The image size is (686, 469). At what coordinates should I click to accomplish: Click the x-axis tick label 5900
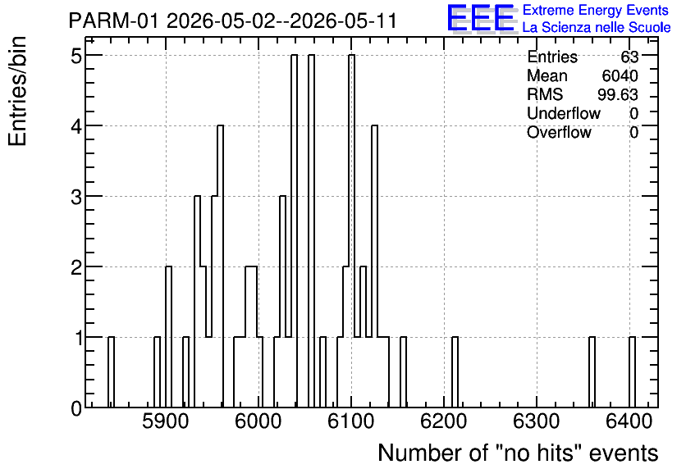[166, 421]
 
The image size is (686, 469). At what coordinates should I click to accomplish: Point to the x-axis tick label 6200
[444, 421]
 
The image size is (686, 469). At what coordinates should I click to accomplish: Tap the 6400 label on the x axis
[629, 421]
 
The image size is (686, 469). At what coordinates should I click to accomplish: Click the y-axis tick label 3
[77, 196]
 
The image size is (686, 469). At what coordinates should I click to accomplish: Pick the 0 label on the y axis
[77, 408]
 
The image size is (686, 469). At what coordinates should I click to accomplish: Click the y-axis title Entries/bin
[18, 91]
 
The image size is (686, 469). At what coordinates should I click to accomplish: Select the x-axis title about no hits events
[518, 453]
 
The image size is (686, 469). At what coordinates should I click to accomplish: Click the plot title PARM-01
[113, 21]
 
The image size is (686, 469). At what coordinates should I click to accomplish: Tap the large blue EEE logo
[481, 18]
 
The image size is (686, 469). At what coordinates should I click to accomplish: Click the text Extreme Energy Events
[596, 10]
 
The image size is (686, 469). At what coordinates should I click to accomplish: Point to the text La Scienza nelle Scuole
[597, 28]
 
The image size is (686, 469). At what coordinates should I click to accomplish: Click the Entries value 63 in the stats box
[629, 57]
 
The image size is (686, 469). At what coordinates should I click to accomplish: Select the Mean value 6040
[620, 75]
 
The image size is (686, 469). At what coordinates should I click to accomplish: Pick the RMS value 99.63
[618, 94]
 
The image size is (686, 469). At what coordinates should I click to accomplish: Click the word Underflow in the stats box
[564, 113]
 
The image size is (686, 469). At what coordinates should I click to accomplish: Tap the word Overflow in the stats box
[559, 132]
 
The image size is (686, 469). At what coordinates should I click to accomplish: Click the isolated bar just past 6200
[455, 372]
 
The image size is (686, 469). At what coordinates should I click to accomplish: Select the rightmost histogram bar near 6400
[632, 372]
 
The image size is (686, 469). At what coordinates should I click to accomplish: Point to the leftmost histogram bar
[111, 372]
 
